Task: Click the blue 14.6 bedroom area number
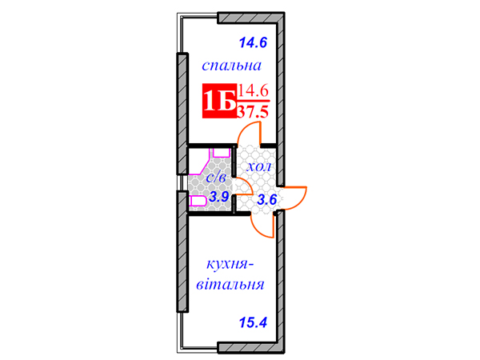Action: (x=253, y=42)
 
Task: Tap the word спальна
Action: (x=231, y=66)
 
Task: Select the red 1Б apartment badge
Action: (x=219, y=101)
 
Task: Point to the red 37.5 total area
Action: (x=253, y=112)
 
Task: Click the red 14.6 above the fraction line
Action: (x=253, y=91)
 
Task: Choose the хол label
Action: (x=258, y=167)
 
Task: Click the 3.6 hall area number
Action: (x=266, y=200)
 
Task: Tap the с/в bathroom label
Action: (x=216, y=178)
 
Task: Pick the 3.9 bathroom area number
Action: (x=219, y=197)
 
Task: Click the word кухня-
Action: (x=230, y=264)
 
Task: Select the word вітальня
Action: (x=230, y=284)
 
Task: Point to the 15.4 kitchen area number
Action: (x=253, y=322)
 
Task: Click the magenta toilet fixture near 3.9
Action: (x=198, y=201)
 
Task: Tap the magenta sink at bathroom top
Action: (x=222, y=153)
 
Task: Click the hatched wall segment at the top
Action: (x=250, y=18)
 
